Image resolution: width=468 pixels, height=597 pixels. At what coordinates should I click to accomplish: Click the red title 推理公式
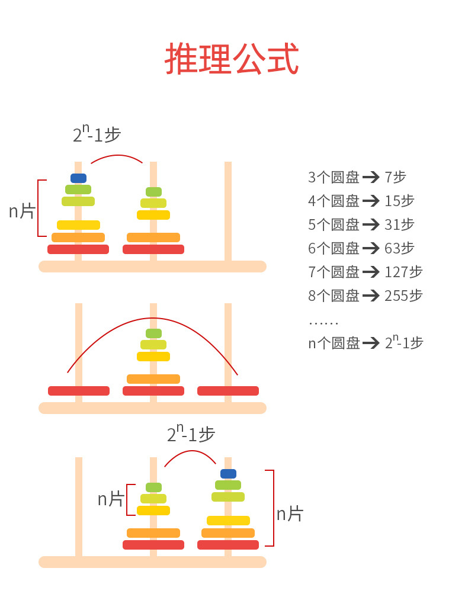232,59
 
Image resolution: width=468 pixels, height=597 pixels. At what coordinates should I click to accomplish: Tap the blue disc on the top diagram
78,178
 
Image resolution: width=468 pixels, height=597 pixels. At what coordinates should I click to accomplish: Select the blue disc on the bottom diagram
228,474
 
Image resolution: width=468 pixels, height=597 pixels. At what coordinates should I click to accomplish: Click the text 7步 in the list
395,177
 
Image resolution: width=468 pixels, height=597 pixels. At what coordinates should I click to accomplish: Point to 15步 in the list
399,201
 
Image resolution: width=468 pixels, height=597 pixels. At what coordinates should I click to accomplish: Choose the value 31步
399,224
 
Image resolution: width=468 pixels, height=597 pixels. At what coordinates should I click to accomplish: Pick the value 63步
399,248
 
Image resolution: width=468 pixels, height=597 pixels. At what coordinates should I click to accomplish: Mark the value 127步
403,272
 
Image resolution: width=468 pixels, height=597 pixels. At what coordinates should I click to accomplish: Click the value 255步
403,296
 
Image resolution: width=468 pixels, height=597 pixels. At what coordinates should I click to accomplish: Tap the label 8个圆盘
334,296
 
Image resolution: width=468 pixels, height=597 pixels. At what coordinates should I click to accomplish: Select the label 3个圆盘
334,177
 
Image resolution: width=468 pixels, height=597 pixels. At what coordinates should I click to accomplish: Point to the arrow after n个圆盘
371,343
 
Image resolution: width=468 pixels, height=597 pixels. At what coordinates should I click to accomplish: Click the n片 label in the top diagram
22,211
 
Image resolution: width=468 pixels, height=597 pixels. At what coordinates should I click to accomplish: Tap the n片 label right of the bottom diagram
290,513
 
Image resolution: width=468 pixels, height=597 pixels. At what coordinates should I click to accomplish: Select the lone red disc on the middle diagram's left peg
79,391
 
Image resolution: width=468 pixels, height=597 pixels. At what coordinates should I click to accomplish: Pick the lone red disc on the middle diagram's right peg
228,391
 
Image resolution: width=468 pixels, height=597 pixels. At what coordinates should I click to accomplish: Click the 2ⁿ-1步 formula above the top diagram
97,134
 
